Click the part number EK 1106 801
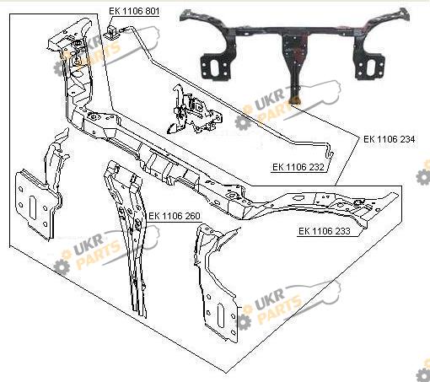pos(134,11)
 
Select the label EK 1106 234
pos(390,139)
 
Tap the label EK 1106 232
pos(298,167)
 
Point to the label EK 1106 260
pos(175,216)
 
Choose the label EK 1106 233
pos(325,231)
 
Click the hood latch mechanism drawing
pos(193,110)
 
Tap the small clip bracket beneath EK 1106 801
pos(111,32)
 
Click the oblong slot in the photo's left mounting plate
pos(216,67)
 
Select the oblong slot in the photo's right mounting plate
pos(370,67)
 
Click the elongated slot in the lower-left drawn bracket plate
pos(32,207)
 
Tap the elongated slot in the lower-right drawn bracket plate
pos(221,315)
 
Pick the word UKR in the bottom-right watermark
pos(270,297)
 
